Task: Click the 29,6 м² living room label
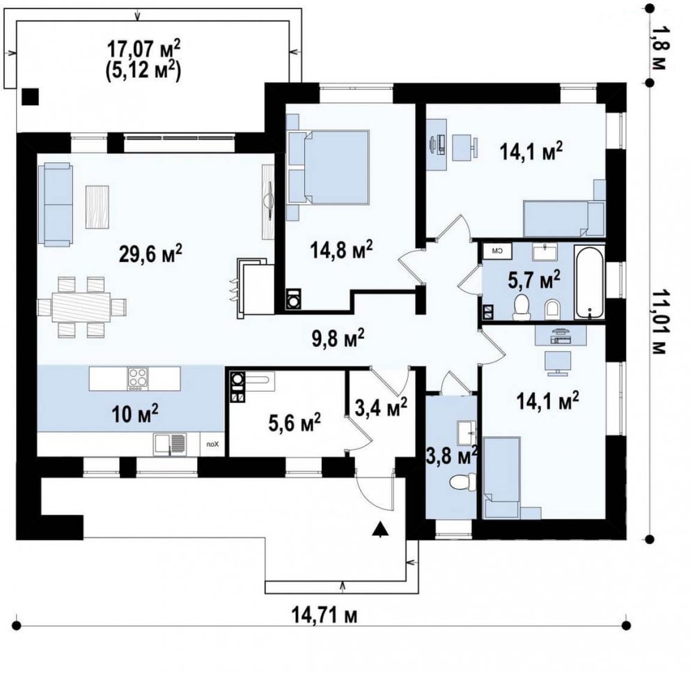(x=150, y=254)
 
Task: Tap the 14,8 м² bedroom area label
(x=341, y=250)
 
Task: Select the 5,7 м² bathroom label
(x=534, y=279)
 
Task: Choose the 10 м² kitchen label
(x=134, y=415)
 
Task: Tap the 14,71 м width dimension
(x=324, y=615)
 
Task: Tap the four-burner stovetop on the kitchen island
(x=138, y=379)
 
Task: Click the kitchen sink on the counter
(x=169, y=444)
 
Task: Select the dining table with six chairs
(x=81, y=307)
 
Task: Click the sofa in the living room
(x=54, y=203)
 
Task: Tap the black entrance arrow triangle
(x=379, y=529)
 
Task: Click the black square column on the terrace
(x=30, y=97)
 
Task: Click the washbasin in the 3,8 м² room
(x=466, y=433)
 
